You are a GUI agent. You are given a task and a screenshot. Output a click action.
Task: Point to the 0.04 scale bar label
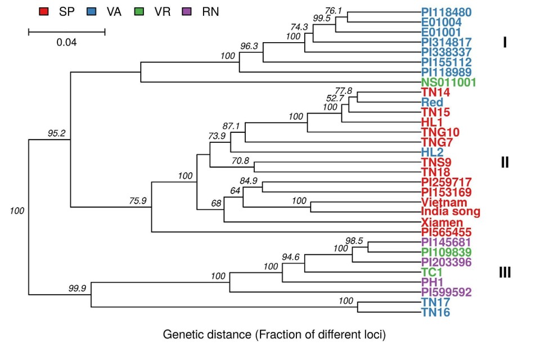(x=66, y=42)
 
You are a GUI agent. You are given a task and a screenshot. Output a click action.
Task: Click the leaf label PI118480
(x=447, y=12)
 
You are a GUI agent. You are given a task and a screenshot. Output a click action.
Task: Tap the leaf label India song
(x=451, y=212)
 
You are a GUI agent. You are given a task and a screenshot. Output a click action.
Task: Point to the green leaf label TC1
(x=432, y=272)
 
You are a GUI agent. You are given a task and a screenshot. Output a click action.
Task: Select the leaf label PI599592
(x=447, y=292)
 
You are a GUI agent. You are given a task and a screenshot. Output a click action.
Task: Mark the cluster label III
(x=505, y=273)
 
